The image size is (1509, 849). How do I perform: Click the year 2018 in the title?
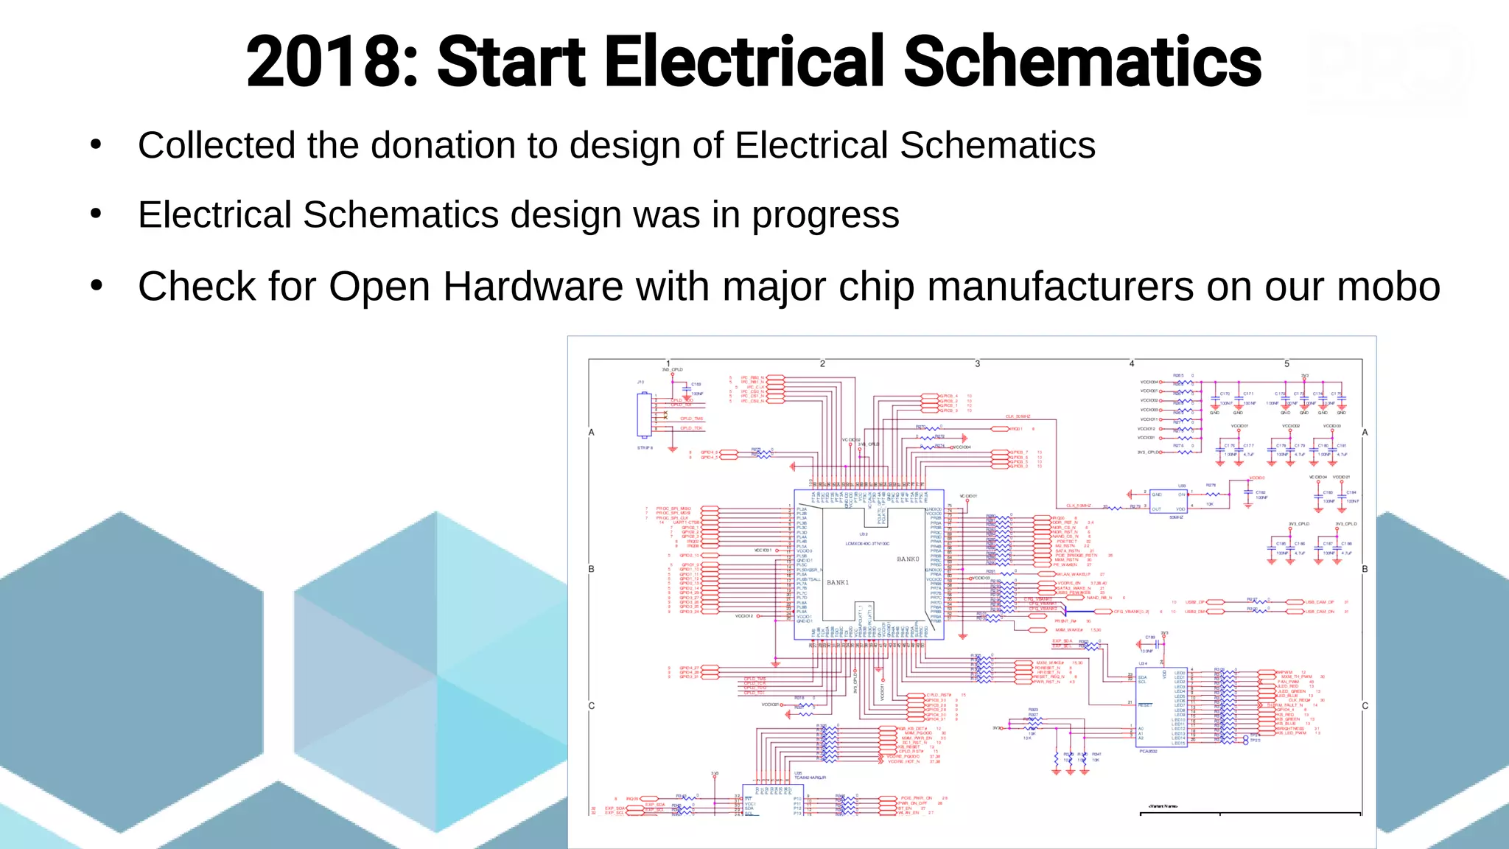[324, 62]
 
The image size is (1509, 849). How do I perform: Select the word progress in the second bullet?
[825, 216]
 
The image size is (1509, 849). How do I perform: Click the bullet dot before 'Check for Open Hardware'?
[96, 286]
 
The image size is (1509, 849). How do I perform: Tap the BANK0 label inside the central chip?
[908, 559]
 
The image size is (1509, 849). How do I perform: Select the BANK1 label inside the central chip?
[838, 582]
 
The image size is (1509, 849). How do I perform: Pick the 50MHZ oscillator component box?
[1168, 502]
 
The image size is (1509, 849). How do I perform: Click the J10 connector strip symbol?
[645, 415]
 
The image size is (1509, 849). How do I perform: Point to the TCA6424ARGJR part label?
[810, 778]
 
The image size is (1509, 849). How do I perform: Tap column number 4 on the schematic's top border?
[1132, 363]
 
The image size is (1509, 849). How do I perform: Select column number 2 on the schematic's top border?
[822, 363]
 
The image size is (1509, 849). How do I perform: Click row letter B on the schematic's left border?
[591, 569]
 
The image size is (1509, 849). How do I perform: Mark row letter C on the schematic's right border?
[1365, 706]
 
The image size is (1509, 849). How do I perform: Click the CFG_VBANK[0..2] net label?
[1131, 612]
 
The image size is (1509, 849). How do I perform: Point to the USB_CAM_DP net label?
[1320, 602]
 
